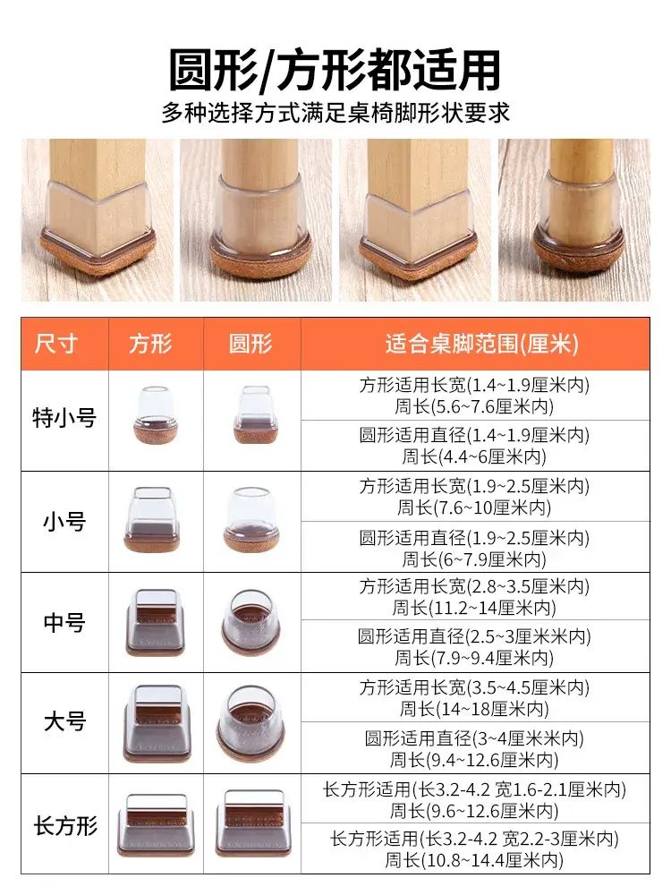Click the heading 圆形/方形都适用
click(335, 70)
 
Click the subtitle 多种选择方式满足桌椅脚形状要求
click(335, 113)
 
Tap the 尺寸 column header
click(55, 344)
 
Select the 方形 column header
click(150, 344)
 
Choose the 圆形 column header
click(251, 344)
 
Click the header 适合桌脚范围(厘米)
click(482, 344)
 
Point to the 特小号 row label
click(64, 418)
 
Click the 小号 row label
click(64, 521)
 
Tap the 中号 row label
click(64, 622)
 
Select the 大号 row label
click(64, 721)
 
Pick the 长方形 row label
click(65, 825)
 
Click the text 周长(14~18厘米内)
click(474, 709)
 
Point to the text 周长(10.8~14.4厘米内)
click(474, 859)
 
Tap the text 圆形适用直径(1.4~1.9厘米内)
click(474, 435)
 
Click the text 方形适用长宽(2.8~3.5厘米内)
click(474, 586)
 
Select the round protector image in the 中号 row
click(251, 622)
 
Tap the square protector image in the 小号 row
click(152, 519)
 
